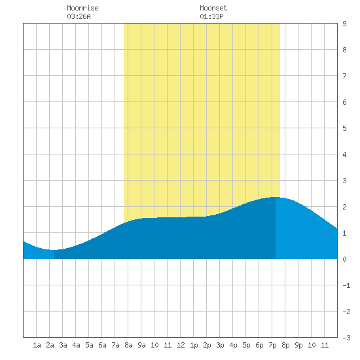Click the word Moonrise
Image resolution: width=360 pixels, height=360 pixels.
[82, 8]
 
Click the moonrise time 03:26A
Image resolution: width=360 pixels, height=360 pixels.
[79, 16]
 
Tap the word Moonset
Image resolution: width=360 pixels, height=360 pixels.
[213, 8]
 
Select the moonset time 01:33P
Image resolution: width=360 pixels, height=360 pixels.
[211, 16]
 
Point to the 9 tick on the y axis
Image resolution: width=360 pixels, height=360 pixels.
[344, 24]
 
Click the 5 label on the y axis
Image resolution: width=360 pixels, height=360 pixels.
[344, 128]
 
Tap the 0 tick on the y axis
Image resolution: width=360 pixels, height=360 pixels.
[344, 259]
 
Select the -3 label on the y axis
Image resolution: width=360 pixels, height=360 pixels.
[347, 338]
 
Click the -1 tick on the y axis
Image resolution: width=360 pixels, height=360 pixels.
[347, 285]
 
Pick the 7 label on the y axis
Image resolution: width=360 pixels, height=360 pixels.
[344, 76]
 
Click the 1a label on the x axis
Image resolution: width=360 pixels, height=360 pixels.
[37, 345]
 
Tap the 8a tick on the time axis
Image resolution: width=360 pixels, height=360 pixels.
[128, 345]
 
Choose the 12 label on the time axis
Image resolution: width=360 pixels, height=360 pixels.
[181, 345]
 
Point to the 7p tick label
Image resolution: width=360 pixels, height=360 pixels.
[272, 345]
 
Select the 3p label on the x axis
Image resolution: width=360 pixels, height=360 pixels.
[220, 345]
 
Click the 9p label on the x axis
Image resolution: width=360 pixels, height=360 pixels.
[298, 345]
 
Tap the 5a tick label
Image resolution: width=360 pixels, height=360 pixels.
[89, 345]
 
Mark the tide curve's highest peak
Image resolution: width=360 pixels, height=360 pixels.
[275, 197]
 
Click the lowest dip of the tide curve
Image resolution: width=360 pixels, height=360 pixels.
[53, 250]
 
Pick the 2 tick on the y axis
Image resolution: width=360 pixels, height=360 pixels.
[344, 207]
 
